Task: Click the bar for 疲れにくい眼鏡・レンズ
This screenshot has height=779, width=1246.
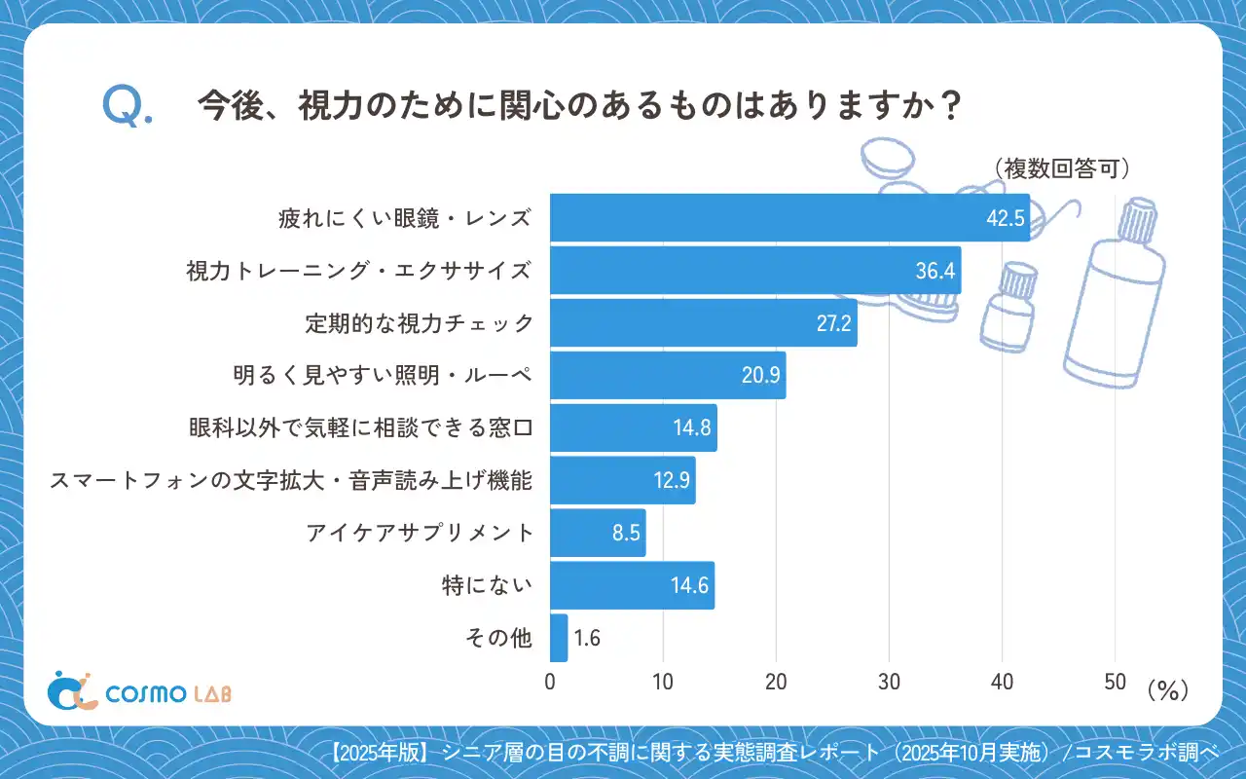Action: click(788, 217)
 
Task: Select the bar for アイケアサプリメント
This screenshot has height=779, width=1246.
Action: click(598, 534)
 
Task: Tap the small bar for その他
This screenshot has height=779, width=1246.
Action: click(559, 638)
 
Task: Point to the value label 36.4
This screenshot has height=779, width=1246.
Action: click(934, 271)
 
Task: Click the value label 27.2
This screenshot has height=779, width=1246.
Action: click(834, 323)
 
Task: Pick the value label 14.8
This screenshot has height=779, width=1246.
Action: click(692, 428)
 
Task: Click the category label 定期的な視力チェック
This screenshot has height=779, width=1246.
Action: click(419, 323)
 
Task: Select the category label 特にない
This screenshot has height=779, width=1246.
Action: click(487, 586)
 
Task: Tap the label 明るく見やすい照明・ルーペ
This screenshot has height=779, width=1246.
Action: click(383, 376)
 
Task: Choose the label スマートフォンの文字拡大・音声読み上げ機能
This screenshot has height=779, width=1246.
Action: click(291, 481)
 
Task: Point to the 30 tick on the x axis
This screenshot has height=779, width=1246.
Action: click(889, 683)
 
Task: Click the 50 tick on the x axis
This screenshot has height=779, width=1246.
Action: click(1115, 683)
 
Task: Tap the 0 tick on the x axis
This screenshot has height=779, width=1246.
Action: click(550, 683)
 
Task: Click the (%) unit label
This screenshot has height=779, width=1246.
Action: click(1168, 689)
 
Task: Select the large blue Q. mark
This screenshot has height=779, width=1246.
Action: click(127, 106)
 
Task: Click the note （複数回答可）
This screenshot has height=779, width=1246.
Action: click(1062, 168)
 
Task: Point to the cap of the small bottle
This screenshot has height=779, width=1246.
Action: click(1016, 283)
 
